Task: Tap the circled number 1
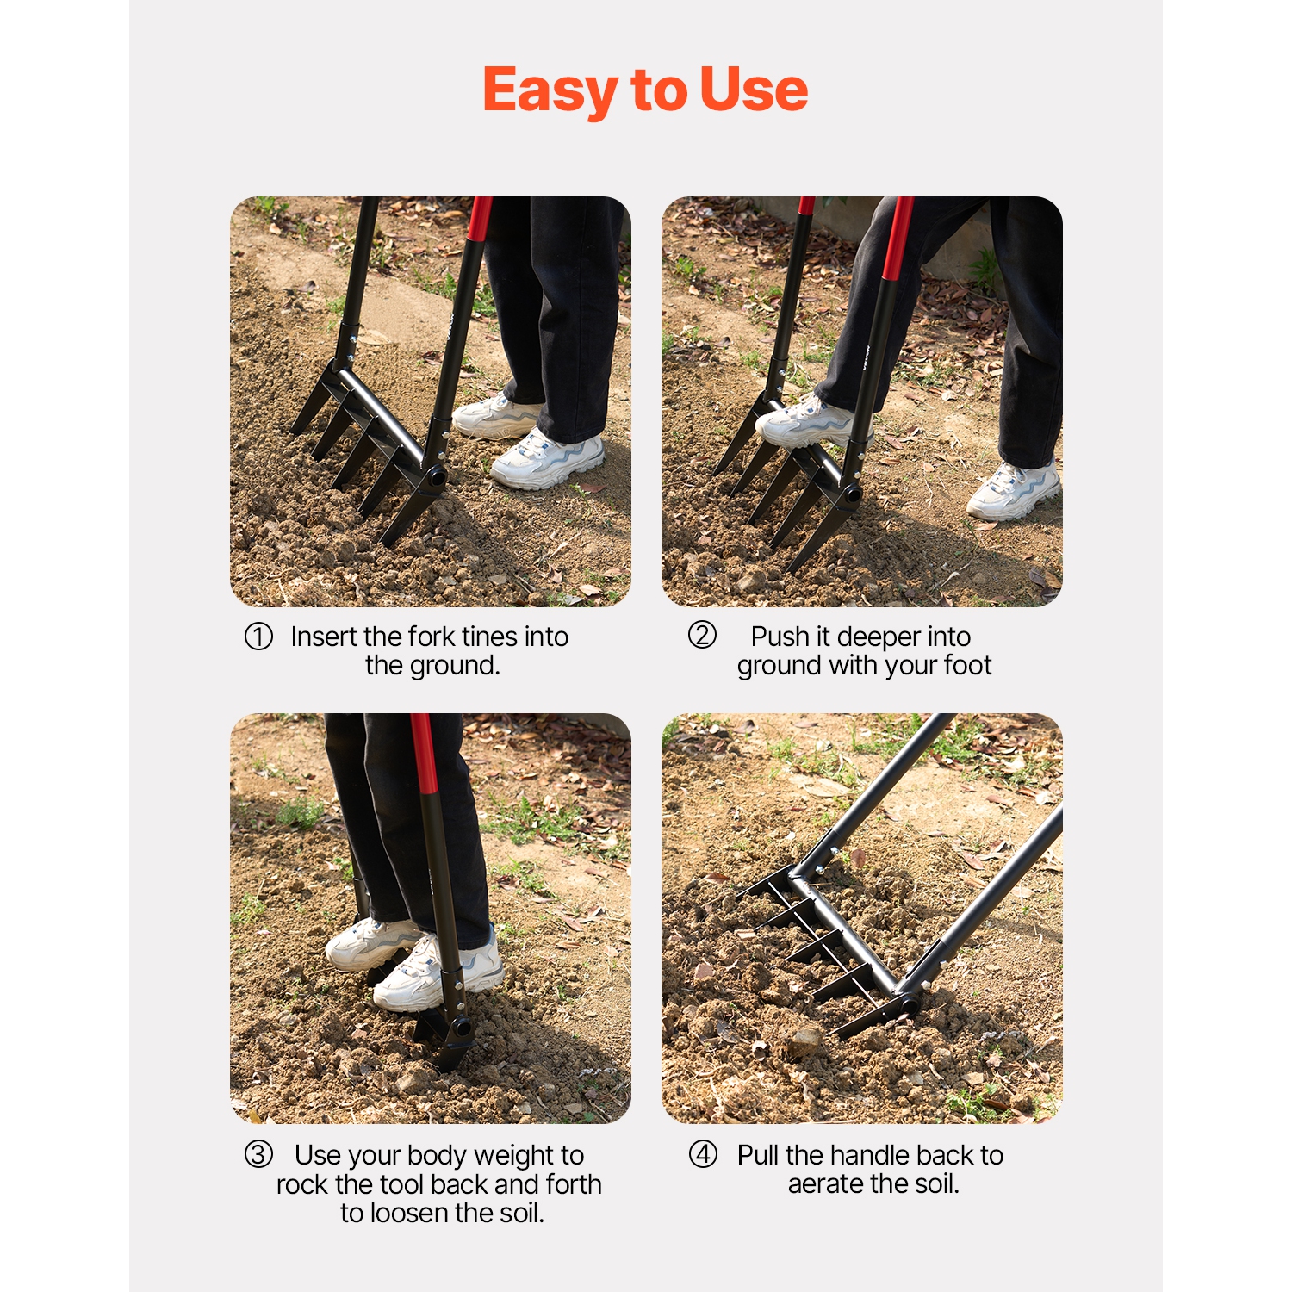point(258,637)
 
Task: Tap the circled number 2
point(702,635)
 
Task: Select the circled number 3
point(258,1154)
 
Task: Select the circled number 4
point(703,1154)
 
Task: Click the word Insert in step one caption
point(324,637)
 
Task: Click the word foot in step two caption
point(967,665)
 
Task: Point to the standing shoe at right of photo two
point(1013,491)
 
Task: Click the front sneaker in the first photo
point(548,460)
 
